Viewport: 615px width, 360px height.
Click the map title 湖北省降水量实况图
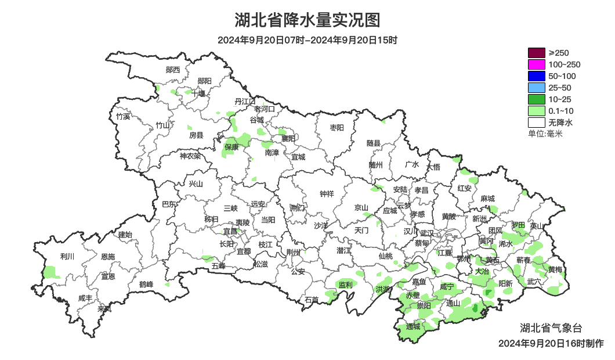pos(307,20)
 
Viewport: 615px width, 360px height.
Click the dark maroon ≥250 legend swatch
pos(536,53)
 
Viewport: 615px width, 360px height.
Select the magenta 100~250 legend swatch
pos(536,64)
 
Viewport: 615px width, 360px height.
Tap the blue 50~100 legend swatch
pos(536,76)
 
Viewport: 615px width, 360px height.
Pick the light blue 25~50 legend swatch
pos(536,88)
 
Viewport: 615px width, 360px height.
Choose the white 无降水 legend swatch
pos(536,123)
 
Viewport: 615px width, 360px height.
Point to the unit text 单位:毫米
pos(545,134)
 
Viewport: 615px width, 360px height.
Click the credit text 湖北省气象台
pos(548,327)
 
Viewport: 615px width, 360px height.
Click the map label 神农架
pos(190,156)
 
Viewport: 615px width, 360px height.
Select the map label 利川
pos(67,256)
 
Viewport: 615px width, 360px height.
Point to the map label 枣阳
pos(337,127)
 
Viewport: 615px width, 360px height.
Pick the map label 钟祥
pos(328,194)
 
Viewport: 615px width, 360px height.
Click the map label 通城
pos(413,327)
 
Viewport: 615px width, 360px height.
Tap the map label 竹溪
pos(123,116)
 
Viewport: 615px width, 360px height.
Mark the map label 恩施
pos(108,257)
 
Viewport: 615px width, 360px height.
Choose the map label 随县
pos(373,143)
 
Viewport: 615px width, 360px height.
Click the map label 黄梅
pos(555,270)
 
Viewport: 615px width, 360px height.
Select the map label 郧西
pos(173,70)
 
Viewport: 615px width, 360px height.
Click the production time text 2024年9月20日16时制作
pos(551,343)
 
